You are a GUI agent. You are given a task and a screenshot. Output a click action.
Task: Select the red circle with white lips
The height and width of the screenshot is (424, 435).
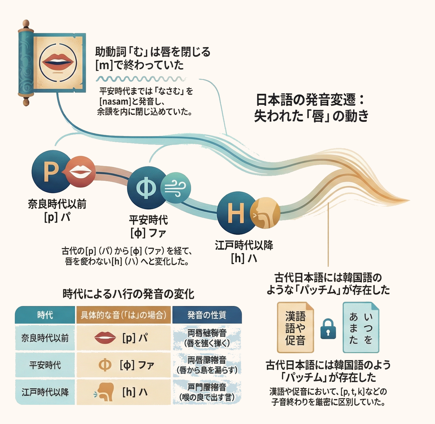(80, 172)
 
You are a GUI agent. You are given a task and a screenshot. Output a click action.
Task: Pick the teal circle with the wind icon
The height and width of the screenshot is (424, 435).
(176, 187)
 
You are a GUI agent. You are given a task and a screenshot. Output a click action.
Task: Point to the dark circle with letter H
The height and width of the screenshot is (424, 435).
(235, 212)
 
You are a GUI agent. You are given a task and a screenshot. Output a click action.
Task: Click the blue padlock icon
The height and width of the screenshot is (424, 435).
(328, 329)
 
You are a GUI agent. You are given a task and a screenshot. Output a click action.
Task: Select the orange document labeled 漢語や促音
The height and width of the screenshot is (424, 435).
(295, 327)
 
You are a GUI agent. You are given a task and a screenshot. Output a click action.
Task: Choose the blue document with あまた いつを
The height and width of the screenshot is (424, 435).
(361, 327)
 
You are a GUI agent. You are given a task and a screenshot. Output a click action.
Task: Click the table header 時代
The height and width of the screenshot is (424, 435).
(45, 315)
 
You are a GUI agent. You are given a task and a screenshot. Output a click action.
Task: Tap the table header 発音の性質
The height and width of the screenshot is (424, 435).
(207, 315)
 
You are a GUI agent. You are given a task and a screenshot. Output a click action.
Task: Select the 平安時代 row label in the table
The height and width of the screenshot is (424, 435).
(45, 365)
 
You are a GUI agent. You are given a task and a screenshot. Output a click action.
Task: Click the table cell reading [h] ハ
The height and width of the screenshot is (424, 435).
(135, 392)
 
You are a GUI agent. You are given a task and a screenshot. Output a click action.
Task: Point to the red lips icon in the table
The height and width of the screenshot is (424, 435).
(105, 338)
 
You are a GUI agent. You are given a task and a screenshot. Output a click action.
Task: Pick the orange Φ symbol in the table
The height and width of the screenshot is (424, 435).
(105, 365)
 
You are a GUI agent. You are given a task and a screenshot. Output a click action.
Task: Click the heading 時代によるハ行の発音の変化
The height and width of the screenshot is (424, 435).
(128, 294)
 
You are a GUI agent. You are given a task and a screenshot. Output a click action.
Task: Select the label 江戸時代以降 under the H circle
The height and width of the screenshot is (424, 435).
(244, 245)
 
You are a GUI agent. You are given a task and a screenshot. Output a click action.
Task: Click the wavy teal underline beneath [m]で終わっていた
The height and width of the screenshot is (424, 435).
(140, 79)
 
